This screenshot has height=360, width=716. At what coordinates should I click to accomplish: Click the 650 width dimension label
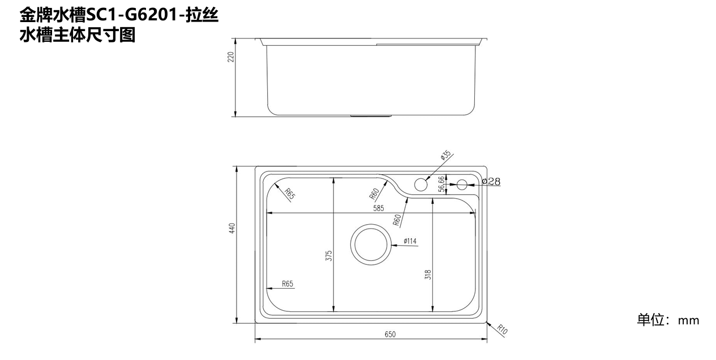click(390, 335)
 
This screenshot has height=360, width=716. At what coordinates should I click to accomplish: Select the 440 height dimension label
click(232, 228)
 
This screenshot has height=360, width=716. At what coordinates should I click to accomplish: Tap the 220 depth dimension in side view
click(231, 57)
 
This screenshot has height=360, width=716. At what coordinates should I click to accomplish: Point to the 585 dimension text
click(379, 208)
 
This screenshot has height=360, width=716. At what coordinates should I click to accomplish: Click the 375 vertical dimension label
click(329, 256)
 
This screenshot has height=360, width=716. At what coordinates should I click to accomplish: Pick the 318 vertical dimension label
click(428, 275)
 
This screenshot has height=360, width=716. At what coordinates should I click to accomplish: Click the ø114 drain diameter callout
click(410, 241)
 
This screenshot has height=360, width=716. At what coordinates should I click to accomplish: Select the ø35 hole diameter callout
click(445, 155)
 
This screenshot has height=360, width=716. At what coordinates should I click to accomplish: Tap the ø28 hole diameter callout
click(491, 182)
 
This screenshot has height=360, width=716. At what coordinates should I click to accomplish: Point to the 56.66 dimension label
click(441, 184)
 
